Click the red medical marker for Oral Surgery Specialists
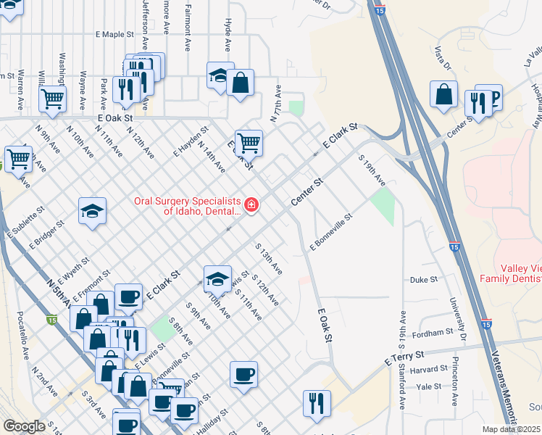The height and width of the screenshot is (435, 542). [251, 206]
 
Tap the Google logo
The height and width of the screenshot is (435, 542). [23, 426]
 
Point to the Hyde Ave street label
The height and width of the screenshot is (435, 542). [228, 36]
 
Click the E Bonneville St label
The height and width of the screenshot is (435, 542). [330, 231]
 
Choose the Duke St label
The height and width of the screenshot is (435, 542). [424, 279]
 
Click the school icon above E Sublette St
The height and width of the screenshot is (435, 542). [92, 211]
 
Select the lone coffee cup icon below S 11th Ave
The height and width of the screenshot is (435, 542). [243, 374]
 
